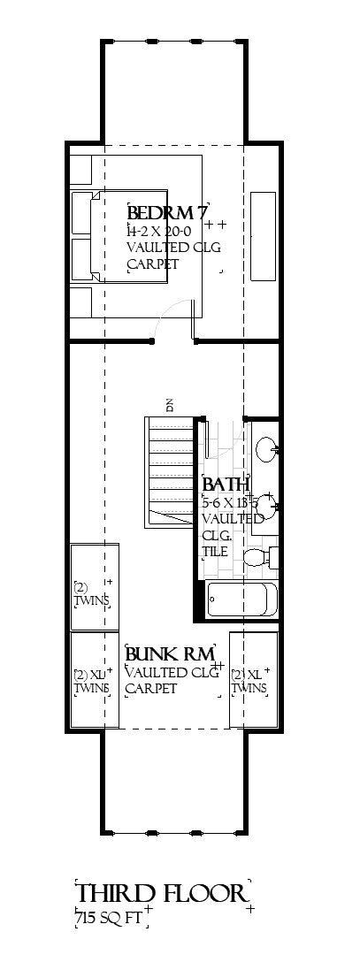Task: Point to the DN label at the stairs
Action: coord(168,405)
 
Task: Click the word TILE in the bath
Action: coord(215,551)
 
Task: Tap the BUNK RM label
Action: coord(168,654)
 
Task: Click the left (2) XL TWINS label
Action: coord(91,680)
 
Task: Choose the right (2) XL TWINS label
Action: coord(249,680)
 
